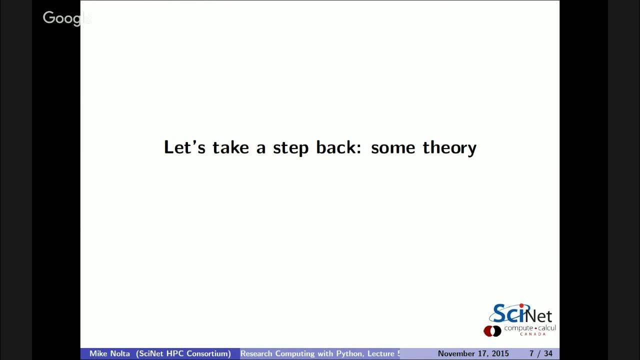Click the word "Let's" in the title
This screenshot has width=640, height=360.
(184, 147)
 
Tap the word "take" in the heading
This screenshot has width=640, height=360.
(230, 147)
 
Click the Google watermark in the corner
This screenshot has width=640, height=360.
(66, 18)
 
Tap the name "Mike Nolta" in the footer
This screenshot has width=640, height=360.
(109, 354)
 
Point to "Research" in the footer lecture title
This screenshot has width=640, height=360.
(256, 354)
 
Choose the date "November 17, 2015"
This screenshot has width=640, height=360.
(473, 354)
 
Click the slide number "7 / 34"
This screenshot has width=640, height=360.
(540, 354)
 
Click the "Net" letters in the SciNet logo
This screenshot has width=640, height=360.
(538, 316)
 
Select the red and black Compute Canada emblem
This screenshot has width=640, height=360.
(492, 330)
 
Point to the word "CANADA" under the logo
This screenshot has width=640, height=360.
(532, 334)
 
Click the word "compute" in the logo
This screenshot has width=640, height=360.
(518, 328)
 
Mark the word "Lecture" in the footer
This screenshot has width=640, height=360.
(382, 354)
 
